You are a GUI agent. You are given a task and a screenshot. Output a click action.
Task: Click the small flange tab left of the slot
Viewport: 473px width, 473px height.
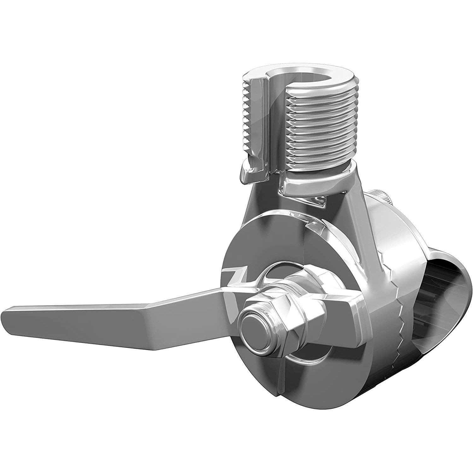(249, 175)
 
